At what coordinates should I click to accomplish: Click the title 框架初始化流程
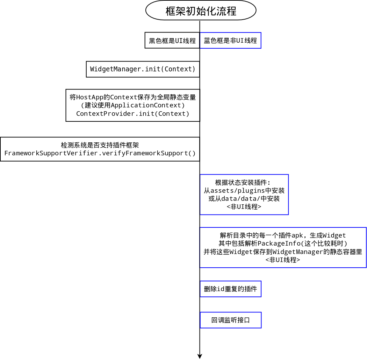pos(201,11)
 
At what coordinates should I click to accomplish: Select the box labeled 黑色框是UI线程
pos(172,40)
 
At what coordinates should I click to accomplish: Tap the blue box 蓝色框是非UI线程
pos(230,40)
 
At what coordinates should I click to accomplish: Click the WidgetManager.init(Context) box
pos(143,69)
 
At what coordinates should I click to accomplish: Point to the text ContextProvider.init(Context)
pos(133,114)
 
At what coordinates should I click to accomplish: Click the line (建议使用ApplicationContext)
pos(133,105)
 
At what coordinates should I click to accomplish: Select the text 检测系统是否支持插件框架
pos(100,145)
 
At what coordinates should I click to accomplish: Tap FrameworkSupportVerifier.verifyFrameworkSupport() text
pos(100,153)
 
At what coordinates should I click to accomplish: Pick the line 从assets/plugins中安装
pos(244,191)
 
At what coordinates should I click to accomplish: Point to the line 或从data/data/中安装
pos(244,199)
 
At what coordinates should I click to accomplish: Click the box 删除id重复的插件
pos(230,289)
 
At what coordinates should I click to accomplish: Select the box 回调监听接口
pos(230,320)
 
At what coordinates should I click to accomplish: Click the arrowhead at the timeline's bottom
pos(200,356)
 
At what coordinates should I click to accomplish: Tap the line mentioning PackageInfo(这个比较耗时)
pos(283,243)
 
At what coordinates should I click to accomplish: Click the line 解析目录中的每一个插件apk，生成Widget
pos(283,235)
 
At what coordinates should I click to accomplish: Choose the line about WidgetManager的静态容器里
pos(283,252)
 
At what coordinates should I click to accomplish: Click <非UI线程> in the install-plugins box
pos(244,207)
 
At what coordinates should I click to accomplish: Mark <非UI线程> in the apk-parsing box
pos(283,260)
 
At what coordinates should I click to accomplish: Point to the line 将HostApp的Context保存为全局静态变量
pos(133,97)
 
